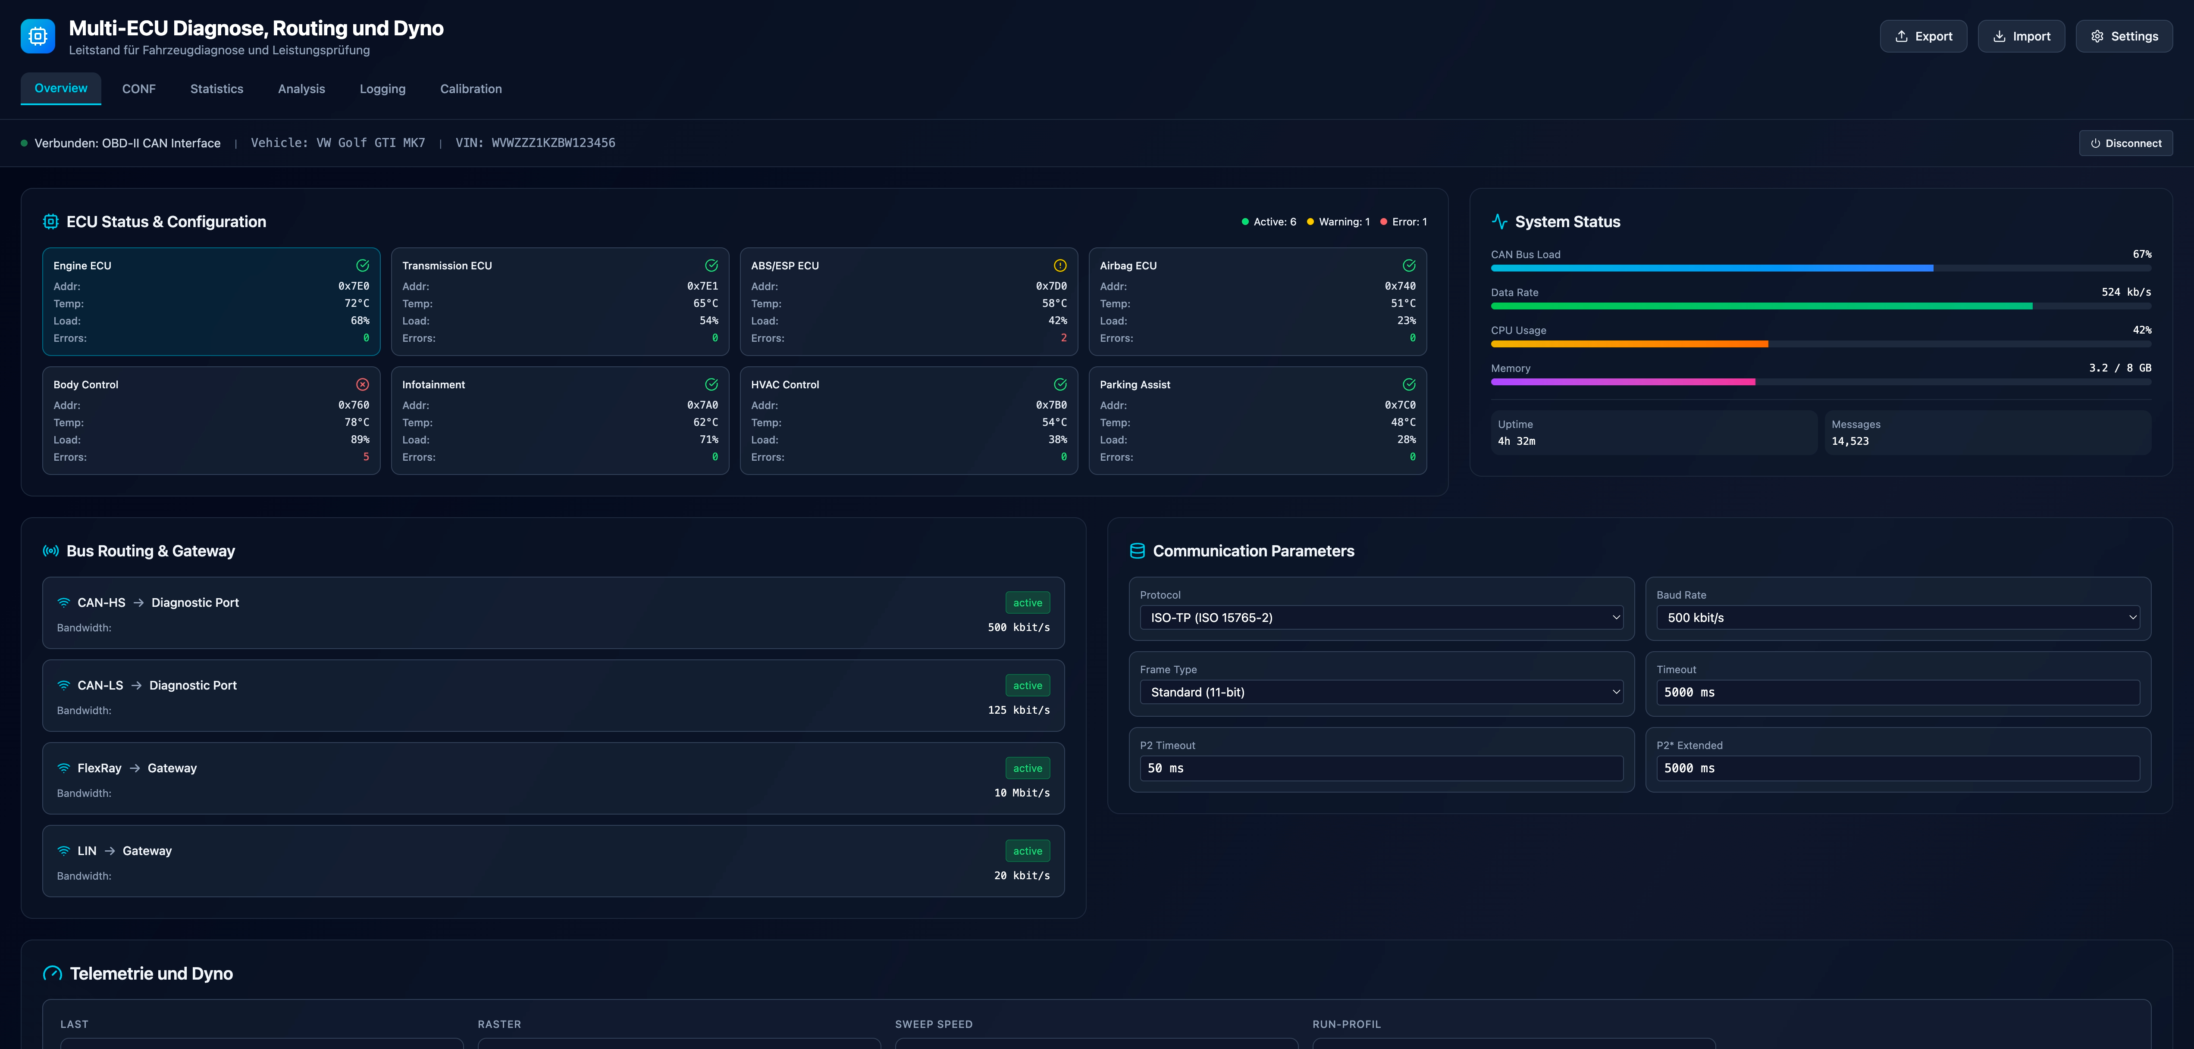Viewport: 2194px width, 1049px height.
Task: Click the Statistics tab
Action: pyautogui.click(x=216, y=88)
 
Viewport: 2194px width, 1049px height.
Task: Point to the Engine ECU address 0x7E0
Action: pyautogui.click(x=354, y=286)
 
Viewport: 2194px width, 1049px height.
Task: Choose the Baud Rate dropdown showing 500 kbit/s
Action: pyautogui.click(x=1898, y=617)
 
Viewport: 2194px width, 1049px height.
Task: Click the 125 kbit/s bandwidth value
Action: pyautogui.click(x=1019, y=710)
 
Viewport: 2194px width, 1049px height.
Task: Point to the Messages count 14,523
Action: pyautogui.click(x=1850, y=441)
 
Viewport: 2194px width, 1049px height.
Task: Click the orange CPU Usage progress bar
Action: pyautogui.click(x=1629, y=344)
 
